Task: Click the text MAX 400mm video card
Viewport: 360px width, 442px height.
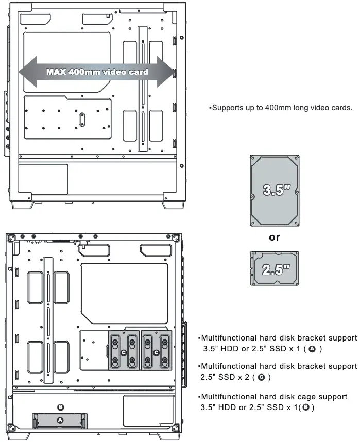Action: (97, 72)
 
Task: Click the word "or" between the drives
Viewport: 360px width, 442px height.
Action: (275, 237)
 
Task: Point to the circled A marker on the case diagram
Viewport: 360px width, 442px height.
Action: (60, 420)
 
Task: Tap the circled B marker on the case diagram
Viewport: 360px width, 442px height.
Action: (60, 406)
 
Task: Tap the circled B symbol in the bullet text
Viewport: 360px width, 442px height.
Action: (305, 407)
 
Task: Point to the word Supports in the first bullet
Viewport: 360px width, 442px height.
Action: (227, 108)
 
